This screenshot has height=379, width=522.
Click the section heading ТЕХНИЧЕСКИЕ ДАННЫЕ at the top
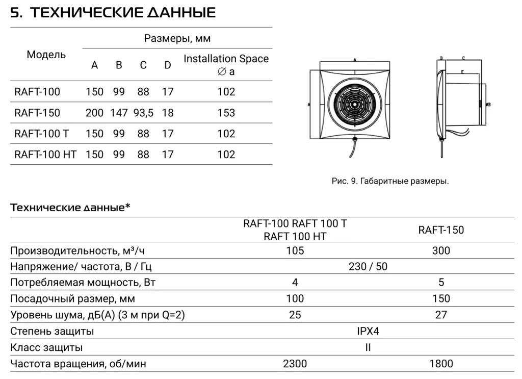coord(113,13)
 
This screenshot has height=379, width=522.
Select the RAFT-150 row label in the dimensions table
coord(37,113)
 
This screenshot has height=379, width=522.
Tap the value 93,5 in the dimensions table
coord(143,113)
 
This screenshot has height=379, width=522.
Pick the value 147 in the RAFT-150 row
coord(119,113)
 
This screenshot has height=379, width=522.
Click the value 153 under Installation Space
coord(226,113)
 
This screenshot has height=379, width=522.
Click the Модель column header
coord(46,55)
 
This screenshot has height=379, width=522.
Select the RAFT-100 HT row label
coord(45,154)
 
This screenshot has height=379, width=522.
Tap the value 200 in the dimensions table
coord(94,113)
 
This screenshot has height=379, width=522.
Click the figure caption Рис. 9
coord(390,181)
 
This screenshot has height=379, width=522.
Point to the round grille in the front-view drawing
coord(352,105)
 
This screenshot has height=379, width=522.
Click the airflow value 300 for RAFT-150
coord(441,250)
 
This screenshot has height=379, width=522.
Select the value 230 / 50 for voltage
coord(368,266)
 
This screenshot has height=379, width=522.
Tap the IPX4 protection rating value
coord(368,331)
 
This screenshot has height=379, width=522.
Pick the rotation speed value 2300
coord(295,364)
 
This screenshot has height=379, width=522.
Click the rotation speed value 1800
coord(441,364)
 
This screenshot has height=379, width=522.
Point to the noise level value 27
coord(441,315)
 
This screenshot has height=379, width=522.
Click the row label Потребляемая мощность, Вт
coord(83,283)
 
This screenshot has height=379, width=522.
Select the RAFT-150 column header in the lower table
coord(441,230)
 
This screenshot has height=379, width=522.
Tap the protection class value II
coord(368,347)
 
